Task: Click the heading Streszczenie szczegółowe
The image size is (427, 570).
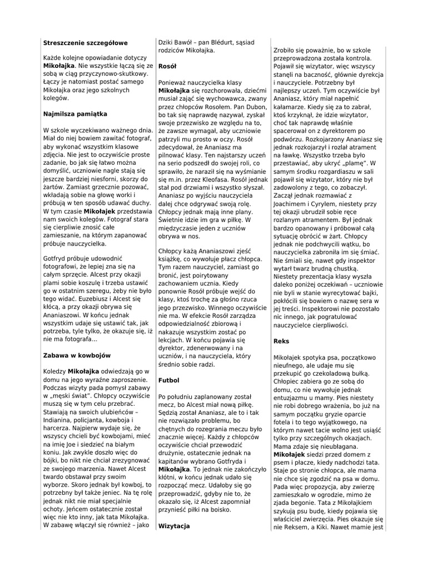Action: (x=85, y=42)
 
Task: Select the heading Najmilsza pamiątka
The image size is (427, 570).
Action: (x=75, y=114)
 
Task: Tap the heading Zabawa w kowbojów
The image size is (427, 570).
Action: (x=77, y=355)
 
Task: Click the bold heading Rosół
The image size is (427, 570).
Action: (x=167, y=66)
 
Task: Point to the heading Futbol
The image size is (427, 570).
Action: (x=169, y=380)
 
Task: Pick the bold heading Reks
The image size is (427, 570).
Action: (x=282, y=340)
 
